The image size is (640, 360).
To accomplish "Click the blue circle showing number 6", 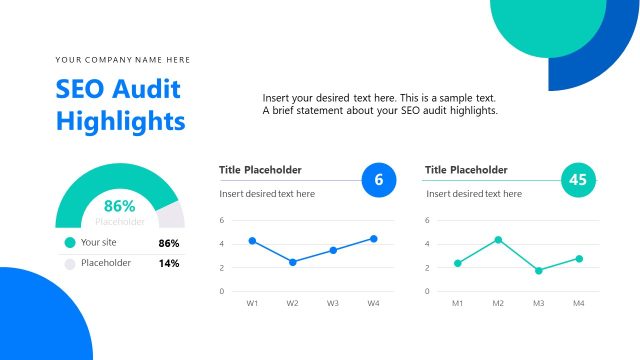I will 378,180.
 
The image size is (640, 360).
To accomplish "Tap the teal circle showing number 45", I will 578,180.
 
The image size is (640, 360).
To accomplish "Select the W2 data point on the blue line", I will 292,262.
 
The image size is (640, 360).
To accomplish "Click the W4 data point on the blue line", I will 373,239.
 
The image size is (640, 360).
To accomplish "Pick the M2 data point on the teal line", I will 498,240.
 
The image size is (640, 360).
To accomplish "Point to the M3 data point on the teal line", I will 538,271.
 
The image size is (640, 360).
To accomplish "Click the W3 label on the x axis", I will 333,303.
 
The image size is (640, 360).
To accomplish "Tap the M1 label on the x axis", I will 457,303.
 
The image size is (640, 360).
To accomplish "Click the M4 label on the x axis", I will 578,303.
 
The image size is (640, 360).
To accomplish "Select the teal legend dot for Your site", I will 69,242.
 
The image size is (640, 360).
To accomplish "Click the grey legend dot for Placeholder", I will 69,264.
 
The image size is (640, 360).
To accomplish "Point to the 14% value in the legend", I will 168,264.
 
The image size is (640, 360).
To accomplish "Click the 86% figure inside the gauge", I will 120,206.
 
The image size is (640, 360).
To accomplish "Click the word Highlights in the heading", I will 120,121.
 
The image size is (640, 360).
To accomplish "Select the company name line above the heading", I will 122,60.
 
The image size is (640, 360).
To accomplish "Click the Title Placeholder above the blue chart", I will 260,170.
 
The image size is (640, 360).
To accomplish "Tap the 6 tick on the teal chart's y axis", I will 427,220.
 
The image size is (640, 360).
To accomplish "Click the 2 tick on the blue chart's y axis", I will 221,268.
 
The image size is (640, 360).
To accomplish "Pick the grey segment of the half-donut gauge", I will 173,216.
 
